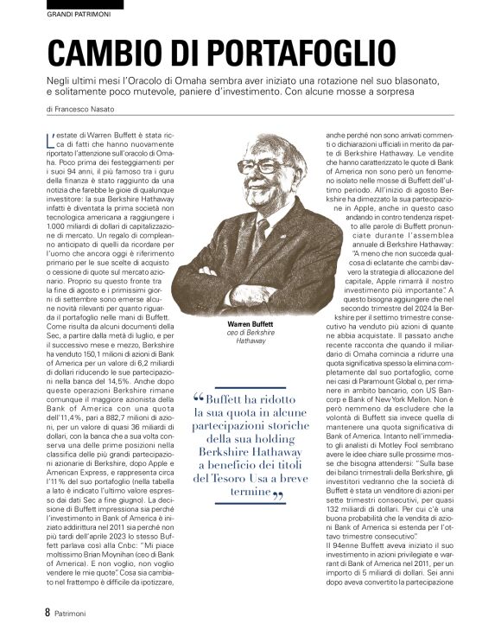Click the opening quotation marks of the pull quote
tap(200, 398)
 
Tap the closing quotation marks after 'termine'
tap(278, 496)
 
